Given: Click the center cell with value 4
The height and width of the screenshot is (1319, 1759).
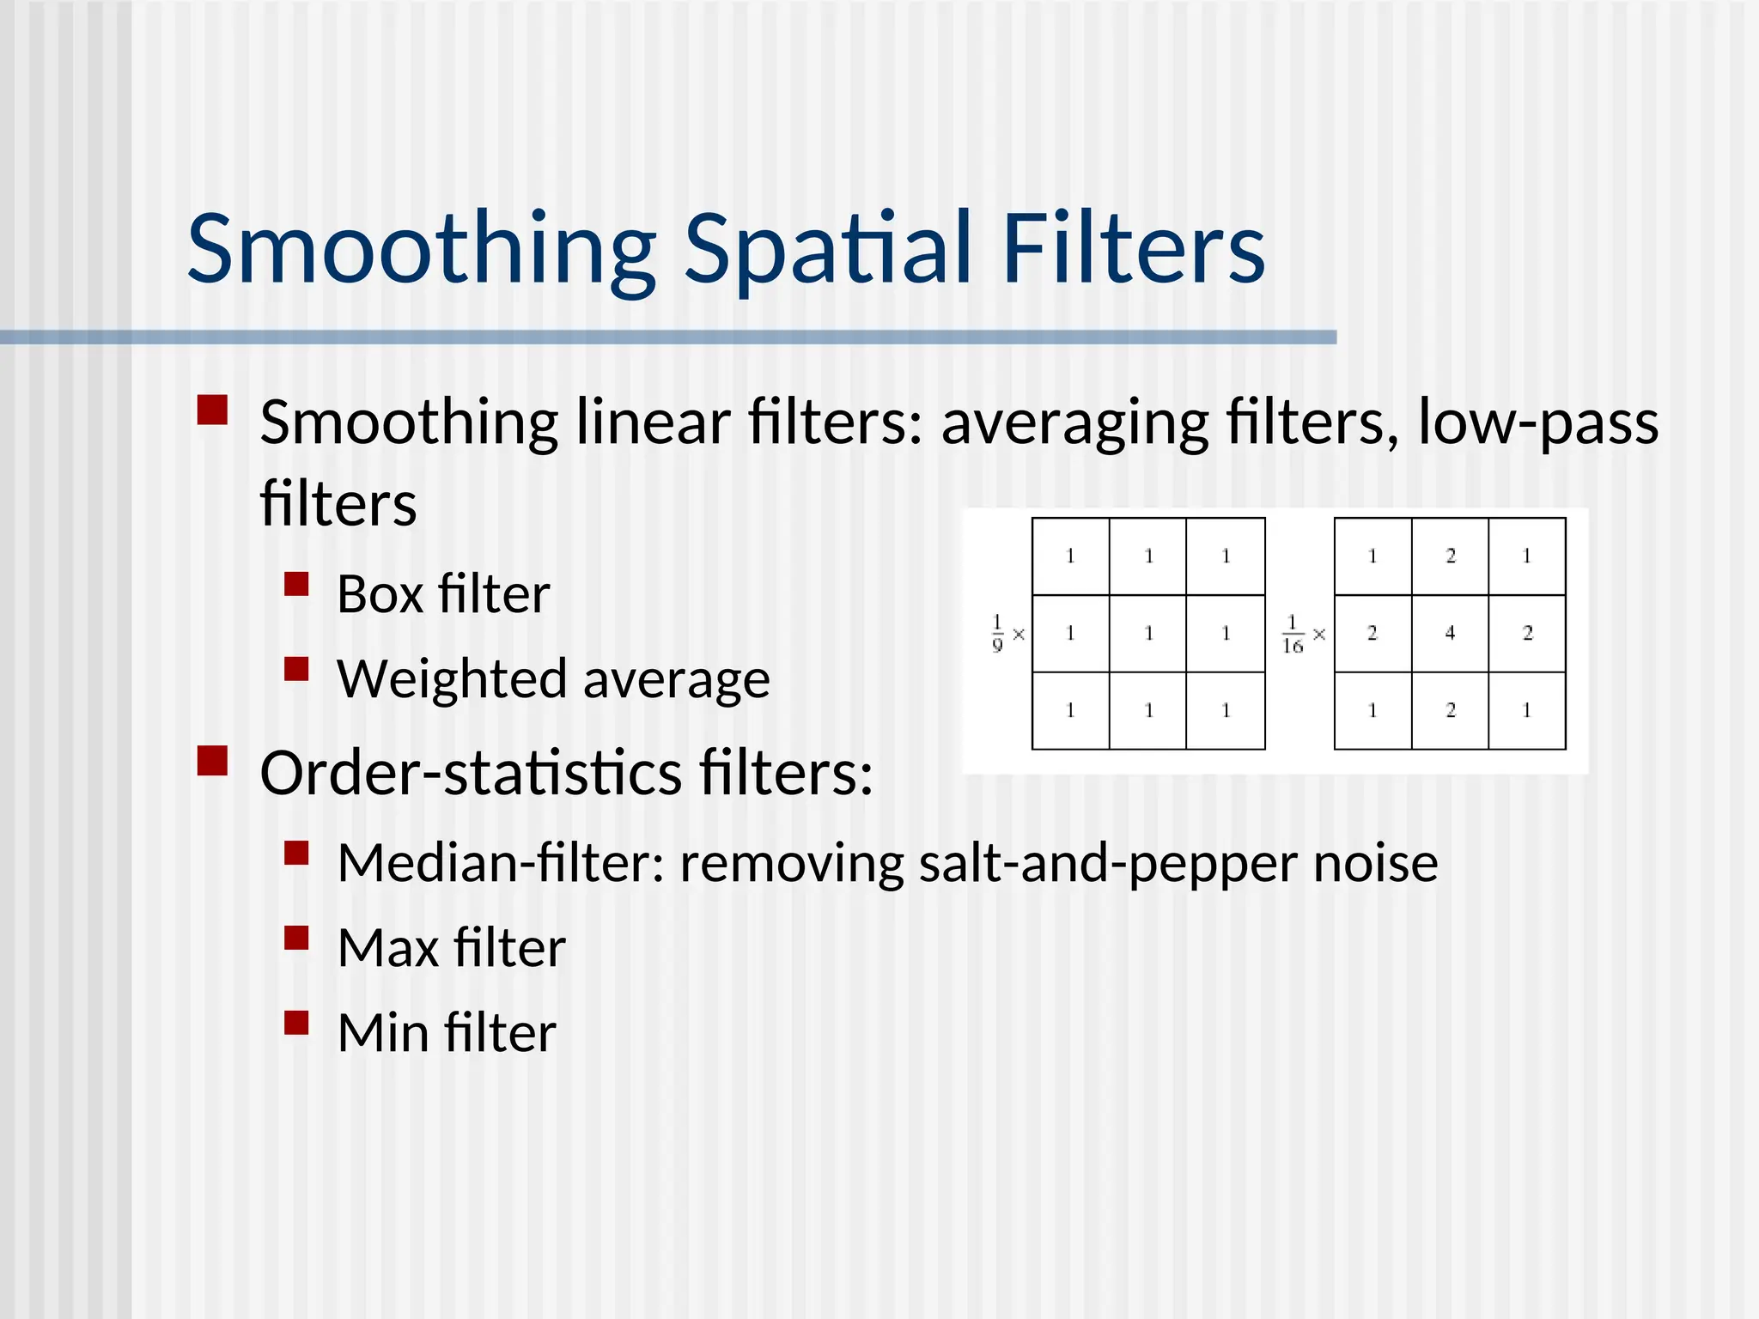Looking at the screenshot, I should pyautogui.click(x=1450, y=634).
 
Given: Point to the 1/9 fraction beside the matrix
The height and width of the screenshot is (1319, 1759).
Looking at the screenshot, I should pyautogui.click(x=997, y=634).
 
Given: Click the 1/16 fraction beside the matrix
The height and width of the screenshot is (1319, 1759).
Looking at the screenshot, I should pyautogui.click(x=1293, y=635).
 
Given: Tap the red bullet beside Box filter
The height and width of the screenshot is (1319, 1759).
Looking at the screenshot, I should pyautogui.click(x=296, y=585).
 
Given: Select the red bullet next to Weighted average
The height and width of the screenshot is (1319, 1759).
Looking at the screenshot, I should pyautogui.click(x=296, y=669).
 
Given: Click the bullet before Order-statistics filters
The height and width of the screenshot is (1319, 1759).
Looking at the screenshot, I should pyautogui.click(x=212, y=761).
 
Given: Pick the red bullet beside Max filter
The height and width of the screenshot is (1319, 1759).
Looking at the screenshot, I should pyautogui.click(x=296, y=938).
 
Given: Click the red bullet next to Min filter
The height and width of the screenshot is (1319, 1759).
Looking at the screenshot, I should pyautogui.click(x=296, y=1022).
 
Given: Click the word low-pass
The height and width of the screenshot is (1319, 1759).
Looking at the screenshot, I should pyautogui.click(x=1537, y=422).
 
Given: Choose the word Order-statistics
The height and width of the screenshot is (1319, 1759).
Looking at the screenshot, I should pyautogui.click(x=471, y=772).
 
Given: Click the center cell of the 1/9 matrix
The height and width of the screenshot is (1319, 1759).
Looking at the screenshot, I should pyautogui.click(x=1148, y=634).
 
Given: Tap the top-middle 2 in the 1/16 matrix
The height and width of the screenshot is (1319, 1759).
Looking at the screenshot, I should pyautogui.click(x=1450, y=556).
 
